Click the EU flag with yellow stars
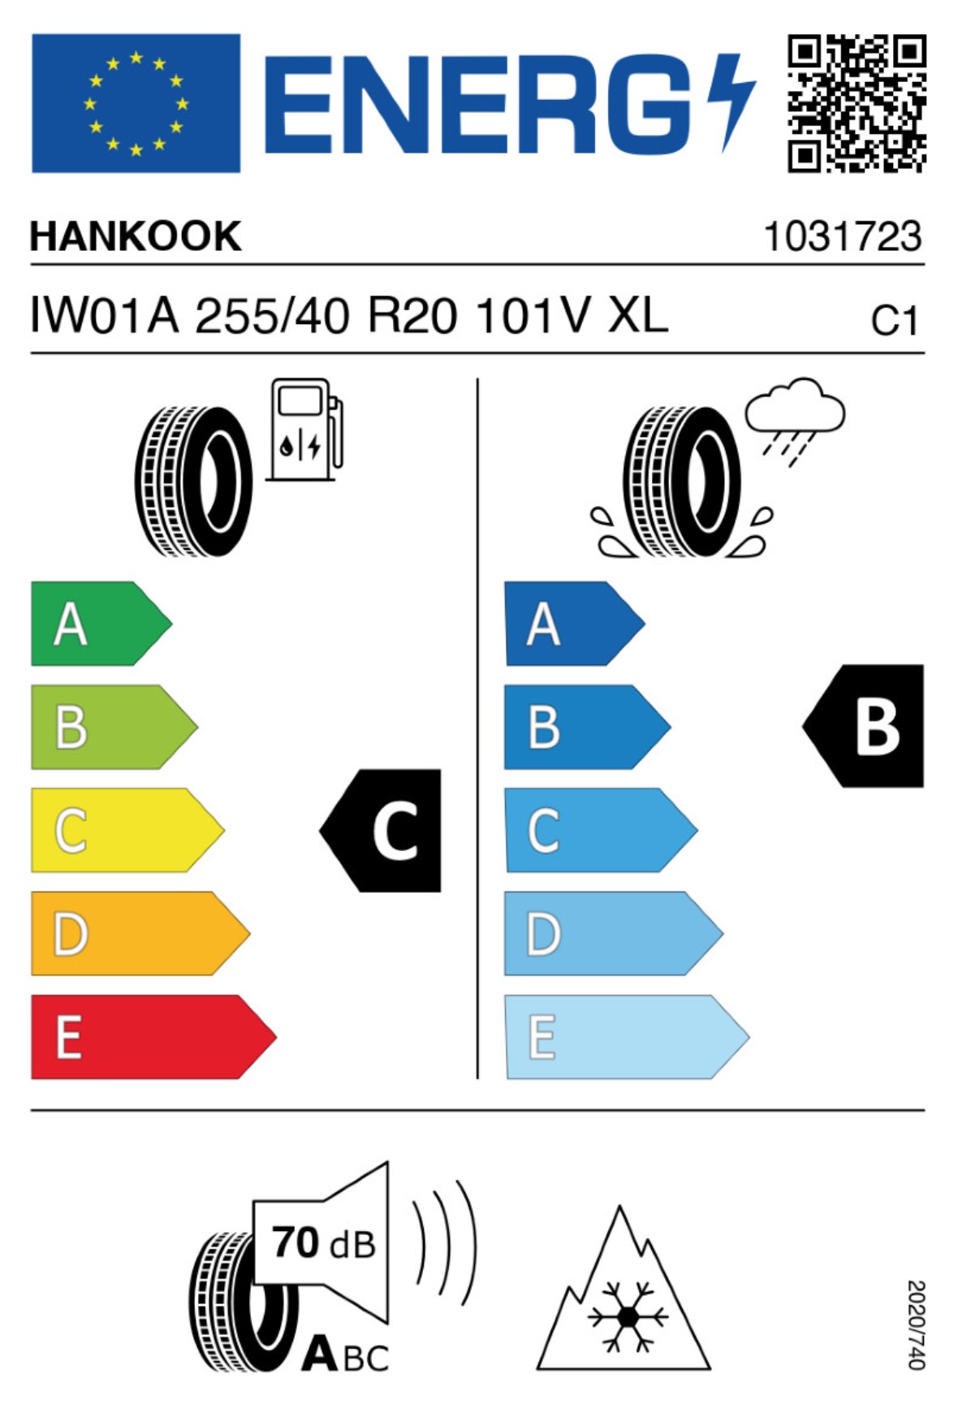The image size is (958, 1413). (136, 103)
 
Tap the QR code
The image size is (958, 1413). (857, 103)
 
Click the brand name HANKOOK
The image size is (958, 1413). (136, 236)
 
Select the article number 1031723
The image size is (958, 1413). (843, 236)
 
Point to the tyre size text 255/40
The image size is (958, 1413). (273, 315)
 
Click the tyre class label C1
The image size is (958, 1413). (895, 321)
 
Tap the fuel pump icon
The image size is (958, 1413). (304, 430)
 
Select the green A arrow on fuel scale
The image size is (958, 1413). (101, 624)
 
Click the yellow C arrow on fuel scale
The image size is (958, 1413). (127, 830)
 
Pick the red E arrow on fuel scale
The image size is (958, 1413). (153, 1037)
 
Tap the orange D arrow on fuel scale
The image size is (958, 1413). (140, 933)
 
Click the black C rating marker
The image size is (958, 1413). (382, 830)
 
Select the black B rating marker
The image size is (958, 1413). (864, 726)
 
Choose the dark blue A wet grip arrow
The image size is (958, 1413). (574, 624)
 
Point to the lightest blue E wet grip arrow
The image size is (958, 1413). (626, 1037)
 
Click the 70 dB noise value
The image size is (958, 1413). (324, 1243)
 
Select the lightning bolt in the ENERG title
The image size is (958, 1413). (731, 102)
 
